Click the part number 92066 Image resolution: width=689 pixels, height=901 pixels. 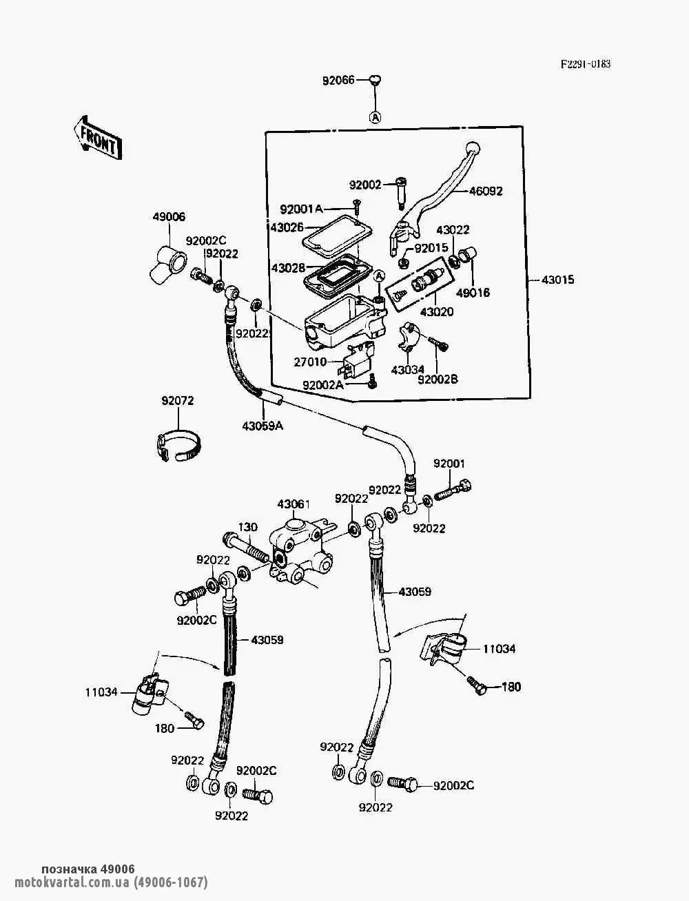coord(338,80)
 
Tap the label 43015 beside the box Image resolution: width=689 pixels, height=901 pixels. coord(557,280)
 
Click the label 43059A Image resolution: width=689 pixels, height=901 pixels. coord(263,426)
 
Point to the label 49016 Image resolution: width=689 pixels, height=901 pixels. coord(473,293)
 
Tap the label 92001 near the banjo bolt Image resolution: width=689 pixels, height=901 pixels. coord(449,464)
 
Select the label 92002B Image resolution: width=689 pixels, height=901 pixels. coord(438,379)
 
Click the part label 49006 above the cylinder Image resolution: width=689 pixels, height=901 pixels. coord(169,217)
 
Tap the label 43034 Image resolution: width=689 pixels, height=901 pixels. coord(408,370)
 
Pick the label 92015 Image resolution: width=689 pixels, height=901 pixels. coord(432,247)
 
